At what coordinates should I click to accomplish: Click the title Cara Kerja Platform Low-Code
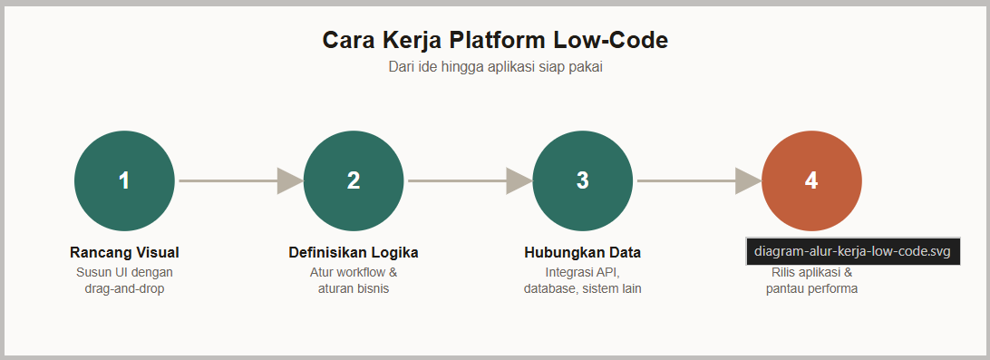click(x=495, y=40)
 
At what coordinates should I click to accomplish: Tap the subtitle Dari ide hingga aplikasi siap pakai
click(x=495, y=67)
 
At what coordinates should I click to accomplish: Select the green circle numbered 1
click(x=124, y=180)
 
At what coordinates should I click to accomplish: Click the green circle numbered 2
click(x=354, y=180)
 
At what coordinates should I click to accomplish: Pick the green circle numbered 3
click(x=583, y=180)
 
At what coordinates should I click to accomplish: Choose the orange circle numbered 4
click(x=812, y=180)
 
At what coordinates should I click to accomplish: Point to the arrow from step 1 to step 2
click(x=240, y=180)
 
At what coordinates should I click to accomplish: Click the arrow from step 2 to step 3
click(x=470, y=180)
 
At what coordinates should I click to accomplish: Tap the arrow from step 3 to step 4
click(x=699, y=180)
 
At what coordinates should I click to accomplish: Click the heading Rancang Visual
click(x=124, y=253)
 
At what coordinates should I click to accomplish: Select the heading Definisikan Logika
click(x=354, y=253)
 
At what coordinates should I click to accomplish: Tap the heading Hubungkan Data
click(x=583, y=253)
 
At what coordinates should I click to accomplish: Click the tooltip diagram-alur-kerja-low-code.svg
click(x=853, y=251)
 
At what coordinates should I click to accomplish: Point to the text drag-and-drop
click(x=124, y=289)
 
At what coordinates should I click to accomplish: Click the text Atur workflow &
click(x=354, y=273)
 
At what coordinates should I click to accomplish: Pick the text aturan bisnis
click(x=354, y=289)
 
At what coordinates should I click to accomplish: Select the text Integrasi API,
click(x=583, y=273)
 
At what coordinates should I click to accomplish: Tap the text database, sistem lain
click(x=583, y=289)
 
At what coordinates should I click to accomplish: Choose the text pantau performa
click(x=812, y=289)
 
